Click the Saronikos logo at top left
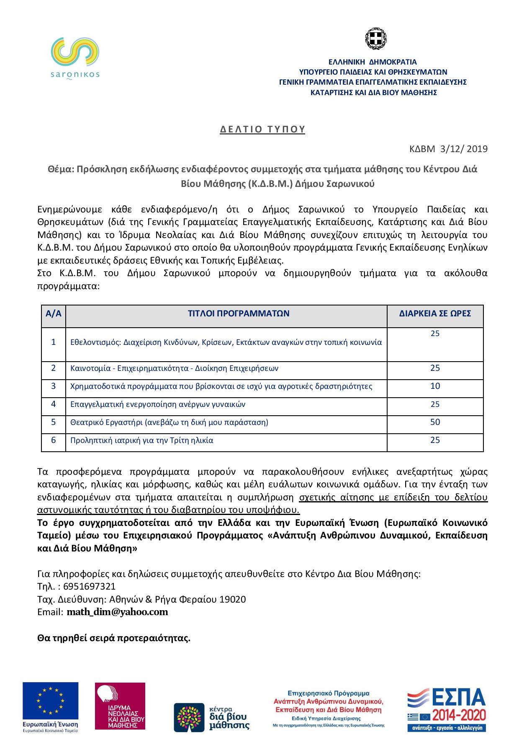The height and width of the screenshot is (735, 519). pyautogui.click(x=75, y=58)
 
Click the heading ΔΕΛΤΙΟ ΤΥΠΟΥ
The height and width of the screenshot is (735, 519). pyautogui.click(x=262, y=129)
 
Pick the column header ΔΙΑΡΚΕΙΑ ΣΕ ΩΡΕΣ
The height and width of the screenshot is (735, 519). pyautogui.click(x=435, y=313)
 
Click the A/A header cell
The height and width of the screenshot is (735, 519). pyautogui.click(x=54, y=313)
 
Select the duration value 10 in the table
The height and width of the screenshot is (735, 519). pyautogui.click(x=435, y=386)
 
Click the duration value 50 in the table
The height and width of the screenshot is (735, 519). pyautogui.click(x=435, y=422)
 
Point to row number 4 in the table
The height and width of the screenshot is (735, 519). pyautogui.click(x=54, y=404)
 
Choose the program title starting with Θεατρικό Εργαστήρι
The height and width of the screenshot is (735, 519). pyautogui.click(x=169, y=422)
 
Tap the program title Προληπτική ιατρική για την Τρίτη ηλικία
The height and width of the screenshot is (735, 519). pyautogui.click(x=142, y=440)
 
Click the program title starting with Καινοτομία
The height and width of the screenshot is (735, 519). pyautogui.click(x=174, y=368)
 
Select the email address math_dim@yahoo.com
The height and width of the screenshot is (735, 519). pyautogui.click(x=117, y=612)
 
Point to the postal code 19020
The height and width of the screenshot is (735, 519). pyautogui.click(x=233, y=599)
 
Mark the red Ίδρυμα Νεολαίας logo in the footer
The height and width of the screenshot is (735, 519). pyautogui.click(x=120, y=706)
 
